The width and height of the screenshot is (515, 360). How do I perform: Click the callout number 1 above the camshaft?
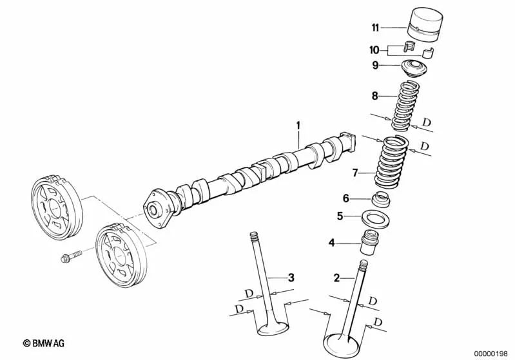click(298, 124)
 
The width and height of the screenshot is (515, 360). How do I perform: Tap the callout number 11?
click(375, 27)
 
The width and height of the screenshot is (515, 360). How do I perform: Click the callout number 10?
click(375, 49)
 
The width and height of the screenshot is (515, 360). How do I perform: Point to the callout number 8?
click(375, 95)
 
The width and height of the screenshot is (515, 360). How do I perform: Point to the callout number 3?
click(291, 278)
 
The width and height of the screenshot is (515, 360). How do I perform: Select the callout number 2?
click(336, 278)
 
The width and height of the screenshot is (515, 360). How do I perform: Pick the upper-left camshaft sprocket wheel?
click(54, 204)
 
